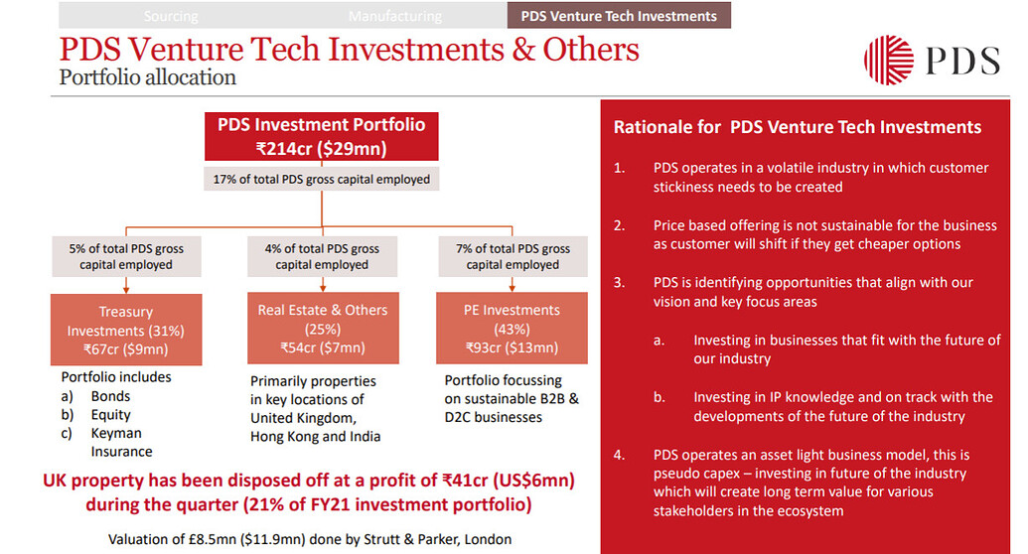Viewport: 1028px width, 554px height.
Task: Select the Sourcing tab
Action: [171, 16]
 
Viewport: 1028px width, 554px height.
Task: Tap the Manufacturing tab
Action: [394, 16]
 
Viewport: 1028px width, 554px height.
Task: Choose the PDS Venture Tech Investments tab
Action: [619, 16]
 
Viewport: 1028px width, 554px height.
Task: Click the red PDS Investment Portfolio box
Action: [321, 136]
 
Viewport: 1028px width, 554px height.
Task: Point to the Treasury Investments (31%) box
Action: [126, 329]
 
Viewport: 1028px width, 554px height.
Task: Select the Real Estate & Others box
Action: [322, 329]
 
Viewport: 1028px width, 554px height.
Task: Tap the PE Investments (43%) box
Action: [512, 329]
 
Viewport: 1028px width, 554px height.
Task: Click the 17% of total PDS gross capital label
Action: [321, 180]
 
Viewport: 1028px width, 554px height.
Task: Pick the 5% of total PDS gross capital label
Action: [126, 256]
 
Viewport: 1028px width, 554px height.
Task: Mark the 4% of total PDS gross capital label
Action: [322, 256]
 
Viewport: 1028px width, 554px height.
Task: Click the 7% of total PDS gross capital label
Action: [512, 256]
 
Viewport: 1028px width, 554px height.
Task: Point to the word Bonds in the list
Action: [110, 396]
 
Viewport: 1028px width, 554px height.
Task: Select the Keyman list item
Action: [116, 433]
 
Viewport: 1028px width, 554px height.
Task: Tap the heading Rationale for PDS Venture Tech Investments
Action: [797, 127]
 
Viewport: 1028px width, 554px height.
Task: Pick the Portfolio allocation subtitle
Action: [147, 76]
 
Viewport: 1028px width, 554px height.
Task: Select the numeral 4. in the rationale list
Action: [619, 455]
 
